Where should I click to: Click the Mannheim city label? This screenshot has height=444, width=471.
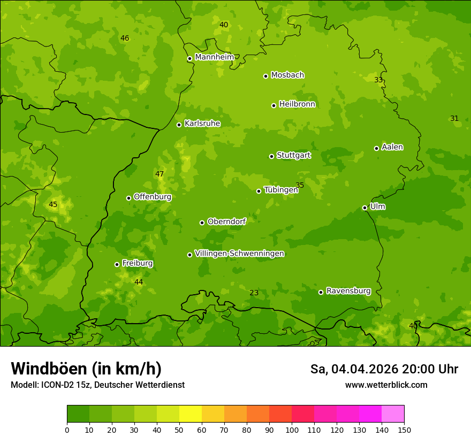click(214, 57)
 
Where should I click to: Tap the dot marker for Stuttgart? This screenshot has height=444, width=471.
click(271, 156)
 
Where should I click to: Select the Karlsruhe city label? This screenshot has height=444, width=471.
click(202, 124)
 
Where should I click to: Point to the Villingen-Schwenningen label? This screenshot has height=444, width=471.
click(239, 254)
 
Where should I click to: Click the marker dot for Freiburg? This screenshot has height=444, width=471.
click(117, 264)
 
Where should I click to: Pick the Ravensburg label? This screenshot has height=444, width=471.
click(348, 291)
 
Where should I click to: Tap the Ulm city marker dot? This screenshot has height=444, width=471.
click(364, 208)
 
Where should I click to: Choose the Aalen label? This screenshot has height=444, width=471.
click(392, 147)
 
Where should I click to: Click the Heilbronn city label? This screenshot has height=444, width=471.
click(297, 104)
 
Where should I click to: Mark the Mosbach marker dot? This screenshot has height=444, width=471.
click(265, 76)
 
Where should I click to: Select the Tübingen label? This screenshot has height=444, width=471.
click(281, 190)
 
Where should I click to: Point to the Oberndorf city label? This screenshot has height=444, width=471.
click(226, 221)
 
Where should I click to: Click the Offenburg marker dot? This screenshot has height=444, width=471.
click(128, 198)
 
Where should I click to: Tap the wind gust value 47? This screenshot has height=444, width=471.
click(159, 174)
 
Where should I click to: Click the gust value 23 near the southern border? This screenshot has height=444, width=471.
click(254, 293)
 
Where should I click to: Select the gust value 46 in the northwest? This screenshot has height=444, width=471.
click(125, 39)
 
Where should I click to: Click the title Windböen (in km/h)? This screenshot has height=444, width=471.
click(86, 369)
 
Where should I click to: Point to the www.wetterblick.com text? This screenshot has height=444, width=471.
click(386, 385)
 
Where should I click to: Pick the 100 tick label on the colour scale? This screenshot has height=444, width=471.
click(292, 430)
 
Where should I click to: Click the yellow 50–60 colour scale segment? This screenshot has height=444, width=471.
click(191, 414)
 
